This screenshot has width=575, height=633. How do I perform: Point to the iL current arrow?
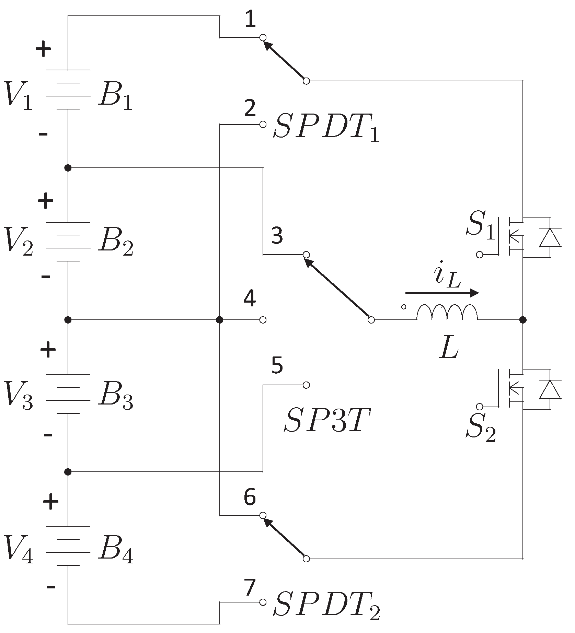point(442,293)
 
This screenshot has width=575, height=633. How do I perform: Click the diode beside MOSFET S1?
point(550,237)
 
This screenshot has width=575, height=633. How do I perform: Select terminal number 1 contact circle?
point(263,37)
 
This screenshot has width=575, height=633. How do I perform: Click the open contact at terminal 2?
point(263,124)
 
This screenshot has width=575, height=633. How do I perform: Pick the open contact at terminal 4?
point(263,320)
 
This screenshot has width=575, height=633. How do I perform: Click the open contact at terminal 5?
point(307,385)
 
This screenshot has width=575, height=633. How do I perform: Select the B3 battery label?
point(115,398)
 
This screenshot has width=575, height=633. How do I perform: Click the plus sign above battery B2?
point(46,201)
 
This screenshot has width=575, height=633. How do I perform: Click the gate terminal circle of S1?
point(480,255)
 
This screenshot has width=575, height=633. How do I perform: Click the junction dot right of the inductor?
point(523,320)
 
